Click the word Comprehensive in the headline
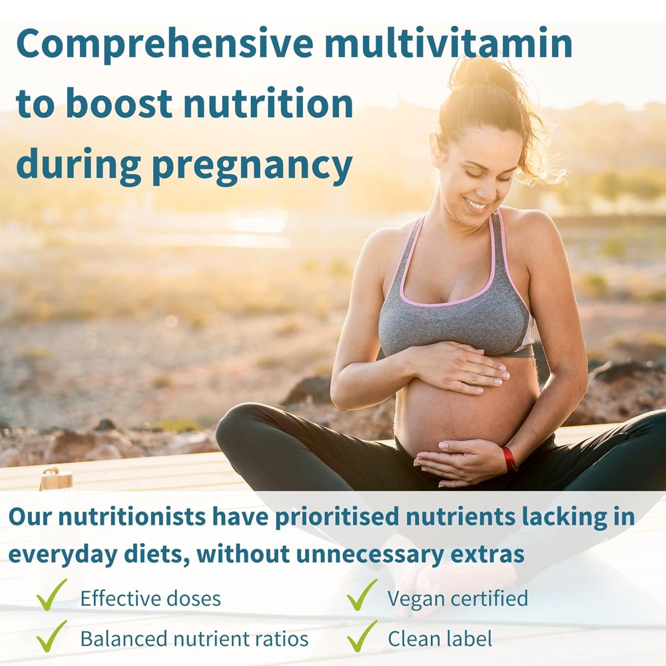coord(165,44)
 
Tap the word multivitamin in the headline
coord(458,44)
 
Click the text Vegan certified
coord(458,598)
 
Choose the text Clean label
coord(440,639)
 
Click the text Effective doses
coord(150,598)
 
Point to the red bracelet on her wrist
coord(509,459)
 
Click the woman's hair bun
coord(484,75)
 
